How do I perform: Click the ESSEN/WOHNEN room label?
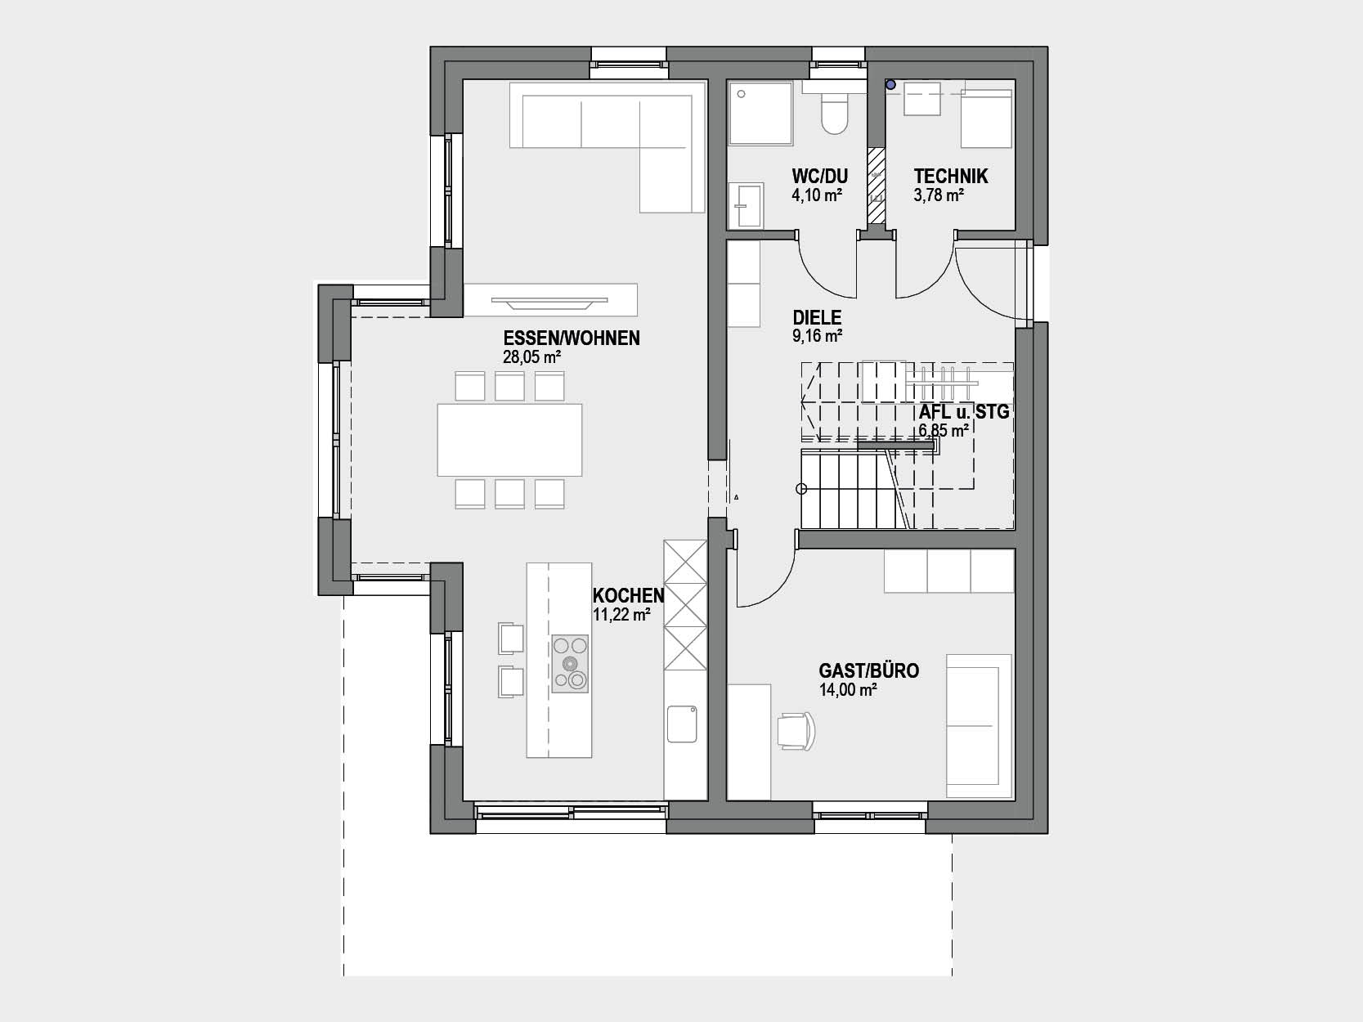tap(572, 338)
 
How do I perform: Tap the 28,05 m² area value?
tap(532, 357)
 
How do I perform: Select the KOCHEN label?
tap(629, 596)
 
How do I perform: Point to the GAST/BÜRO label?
tap(868, 671)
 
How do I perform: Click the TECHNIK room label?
tap(951, 177)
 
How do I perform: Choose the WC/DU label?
tap(819, 177)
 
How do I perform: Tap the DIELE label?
tap(817, 318)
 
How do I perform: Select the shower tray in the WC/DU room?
tap(760, 114)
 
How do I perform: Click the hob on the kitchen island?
tap(570, 664)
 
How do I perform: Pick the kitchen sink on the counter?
tap(682, 724)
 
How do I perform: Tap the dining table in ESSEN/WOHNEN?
tap(510, 440)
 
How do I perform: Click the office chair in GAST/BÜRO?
tap(796, 732)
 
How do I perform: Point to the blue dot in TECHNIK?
tap(890, 84)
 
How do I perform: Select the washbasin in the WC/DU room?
tap(745, 205)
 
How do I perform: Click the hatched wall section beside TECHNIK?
tap(877, 186)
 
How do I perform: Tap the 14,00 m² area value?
tap(848, 690)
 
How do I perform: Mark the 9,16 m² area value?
tap(817, 337)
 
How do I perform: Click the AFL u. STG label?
tap(964, 412)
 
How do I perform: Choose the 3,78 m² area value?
tap(939, 195)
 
